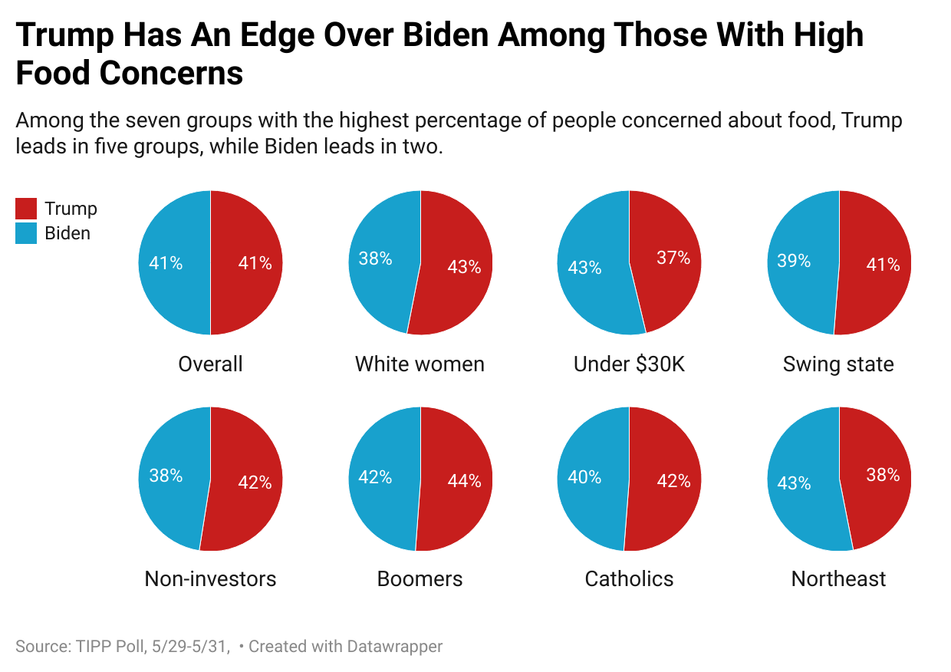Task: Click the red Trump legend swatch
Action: (x=26, y=209)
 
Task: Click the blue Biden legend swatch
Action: (x=26, y=233)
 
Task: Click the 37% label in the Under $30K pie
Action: (x=673, y=258)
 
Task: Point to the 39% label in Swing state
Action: (x=794, y=261)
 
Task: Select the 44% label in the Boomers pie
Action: (x=464, y=481)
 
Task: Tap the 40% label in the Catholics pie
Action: (x=584, y=477)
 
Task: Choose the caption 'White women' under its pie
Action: (x=420, y=364)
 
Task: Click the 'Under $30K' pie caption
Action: (x=629, y=364)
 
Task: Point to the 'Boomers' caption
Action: (x=420, y=578)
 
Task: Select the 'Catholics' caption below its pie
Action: (x=629, y=578)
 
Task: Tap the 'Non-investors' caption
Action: (x=210, y=578)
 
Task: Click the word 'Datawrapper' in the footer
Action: (x=396, y=647)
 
